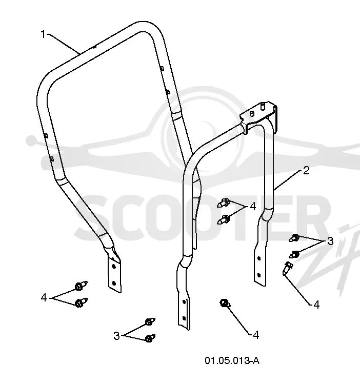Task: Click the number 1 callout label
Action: click(x=43, y=34)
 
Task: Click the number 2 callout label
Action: click(x=306, y=170)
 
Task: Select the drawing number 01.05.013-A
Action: click(x=232, y=360)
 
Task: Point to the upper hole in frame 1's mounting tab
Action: click(x=113, y=266)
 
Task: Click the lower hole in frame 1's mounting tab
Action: click(x=114, y=283)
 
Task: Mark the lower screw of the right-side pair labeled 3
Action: click(x=294, y=254)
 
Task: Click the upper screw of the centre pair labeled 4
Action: click(x=223, y=203)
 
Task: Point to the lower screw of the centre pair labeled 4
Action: click(x=223, y=219)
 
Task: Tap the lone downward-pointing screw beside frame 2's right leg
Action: click(x=287, y=269)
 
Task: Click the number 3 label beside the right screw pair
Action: click(x=330, y=241)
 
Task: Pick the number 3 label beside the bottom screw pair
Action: click(x=116, y=335)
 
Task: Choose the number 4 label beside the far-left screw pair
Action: click(x=44, y=297)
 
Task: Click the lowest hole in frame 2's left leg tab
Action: click(x=184, y=318)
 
